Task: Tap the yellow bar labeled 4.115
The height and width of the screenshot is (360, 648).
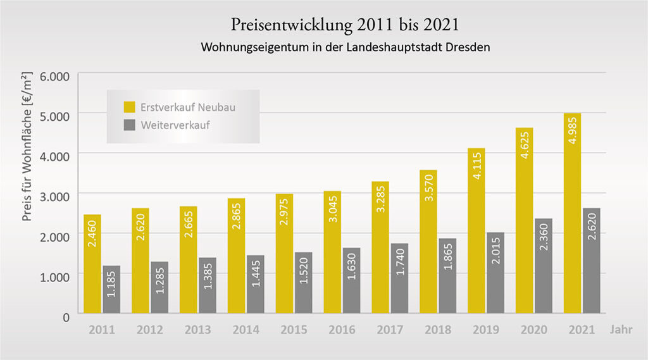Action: (x=476, y=230)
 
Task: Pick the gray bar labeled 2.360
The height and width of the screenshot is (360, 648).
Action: (x=543, y=266)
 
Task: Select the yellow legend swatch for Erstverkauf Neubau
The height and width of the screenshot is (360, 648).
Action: (x=129, y=106)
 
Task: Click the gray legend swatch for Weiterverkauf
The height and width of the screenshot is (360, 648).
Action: (x=129, y=125)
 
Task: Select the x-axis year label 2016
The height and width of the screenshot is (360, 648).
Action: (x=342, y=330)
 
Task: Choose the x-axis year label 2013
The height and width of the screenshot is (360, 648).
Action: (x=198, y=330)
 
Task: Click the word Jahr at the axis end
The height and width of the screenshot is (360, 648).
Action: (x=621, y=330)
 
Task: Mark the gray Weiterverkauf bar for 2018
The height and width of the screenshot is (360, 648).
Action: (x=447, y=275)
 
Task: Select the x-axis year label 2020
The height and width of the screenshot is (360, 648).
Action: (x=533, y=330)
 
